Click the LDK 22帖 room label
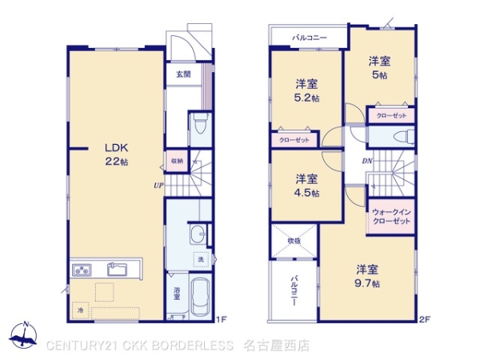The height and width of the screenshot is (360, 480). point(114,154)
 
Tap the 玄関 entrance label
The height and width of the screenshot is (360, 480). point(183,74)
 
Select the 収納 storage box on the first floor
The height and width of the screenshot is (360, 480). point(177,160)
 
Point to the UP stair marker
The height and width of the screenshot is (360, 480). point(160,186)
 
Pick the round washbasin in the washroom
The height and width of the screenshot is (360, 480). point(198,234)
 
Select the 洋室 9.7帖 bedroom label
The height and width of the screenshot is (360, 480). point(368,276)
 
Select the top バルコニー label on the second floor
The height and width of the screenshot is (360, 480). point(308,37)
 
